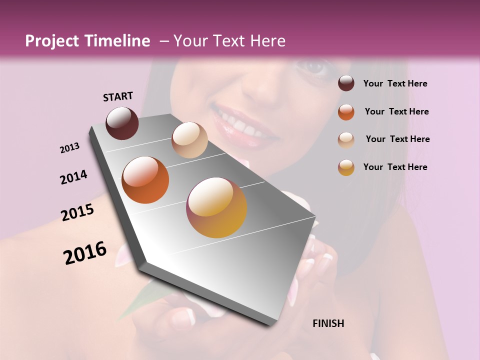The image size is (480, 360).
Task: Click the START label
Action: [x=118, y=96]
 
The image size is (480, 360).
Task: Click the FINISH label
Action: [x=328, y=323]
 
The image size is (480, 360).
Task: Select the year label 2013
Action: [x=69, y=148]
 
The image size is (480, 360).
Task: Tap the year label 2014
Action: [x=73, y=177]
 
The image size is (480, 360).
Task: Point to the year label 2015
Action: [x=77, y=212]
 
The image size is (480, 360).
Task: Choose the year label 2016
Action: [x=85, y=253]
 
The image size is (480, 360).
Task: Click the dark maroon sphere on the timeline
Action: [x=122, y=123]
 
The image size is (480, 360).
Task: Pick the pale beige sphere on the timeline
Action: [x=189, y=139]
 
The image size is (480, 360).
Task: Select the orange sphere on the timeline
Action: [x=145, y=180]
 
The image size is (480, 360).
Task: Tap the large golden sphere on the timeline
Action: [x=216, y=207]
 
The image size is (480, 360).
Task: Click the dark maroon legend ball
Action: [x=346, y=83]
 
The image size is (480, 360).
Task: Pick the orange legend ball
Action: [x=346, y=111]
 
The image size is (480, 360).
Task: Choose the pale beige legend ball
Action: [x=346, y=139]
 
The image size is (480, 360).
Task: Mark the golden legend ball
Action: [x=346, y=167]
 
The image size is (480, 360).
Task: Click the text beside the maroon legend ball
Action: [x=395, y=83]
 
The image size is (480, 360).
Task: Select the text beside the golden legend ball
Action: [x=395, y=167]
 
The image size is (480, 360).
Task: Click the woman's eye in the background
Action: [x=313, y=67]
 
